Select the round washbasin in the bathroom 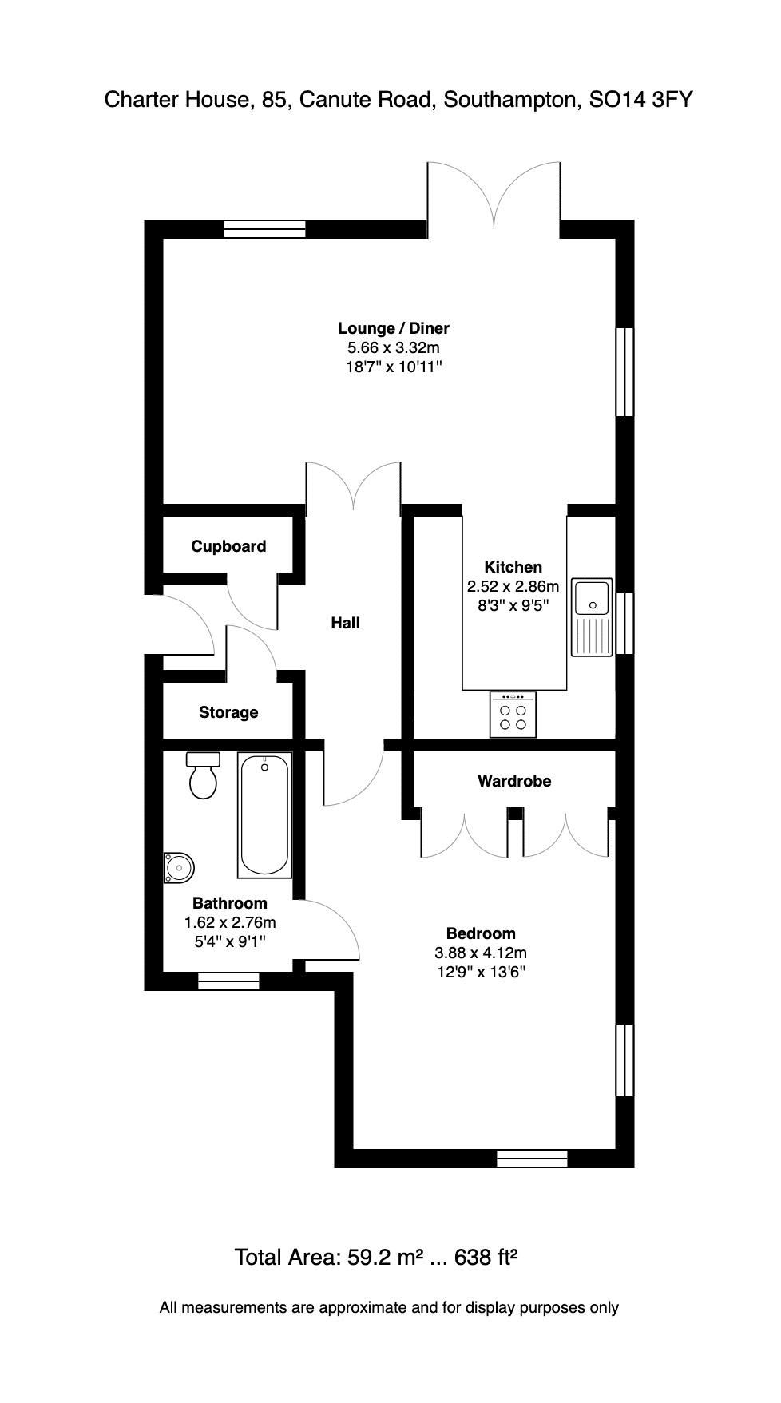click(x=179, y=866)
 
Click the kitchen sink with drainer click(x=592, y=616)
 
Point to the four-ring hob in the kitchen click(x=513, y=714)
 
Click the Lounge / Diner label click(x=393, y=328)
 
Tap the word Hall click(x=345, y=623)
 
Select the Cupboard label click(x=228, y=546)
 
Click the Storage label click(x=228, y=712)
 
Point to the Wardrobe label click(x=514, y=781)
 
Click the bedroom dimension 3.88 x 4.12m click(x=480, y=953)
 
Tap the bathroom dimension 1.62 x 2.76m click(x=230, y=922)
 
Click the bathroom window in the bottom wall click(x=228, y=981)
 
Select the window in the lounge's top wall click(x=264, y=230)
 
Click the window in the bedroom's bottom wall click(x=532, y=1159)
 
